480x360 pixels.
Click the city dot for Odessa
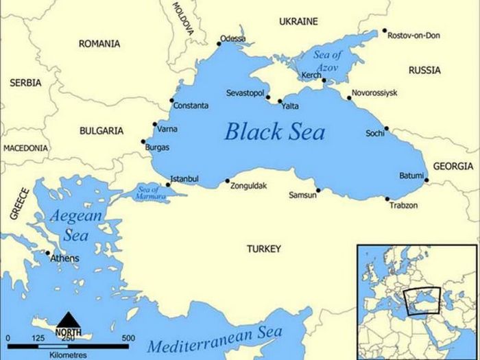point(219,44)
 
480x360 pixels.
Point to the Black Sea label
point(274,131)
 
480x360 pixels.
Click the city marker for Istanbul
point(169,184)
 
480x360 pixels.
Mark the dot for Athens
point(47,253)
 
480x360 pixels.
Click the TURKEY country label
point(264,250)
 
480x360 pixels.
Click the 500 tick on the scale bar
point(128,338)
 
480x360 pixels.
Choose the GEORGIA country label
point(453,166)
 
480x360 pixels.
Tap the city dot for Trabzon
point(387,199)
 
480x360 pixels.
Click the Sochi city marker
point(387,128)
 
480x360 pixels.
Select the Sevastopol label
point(245,93)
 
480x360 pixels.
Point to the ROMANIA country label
point(99,44)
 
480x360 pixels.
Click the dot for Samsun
point(318,191)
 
